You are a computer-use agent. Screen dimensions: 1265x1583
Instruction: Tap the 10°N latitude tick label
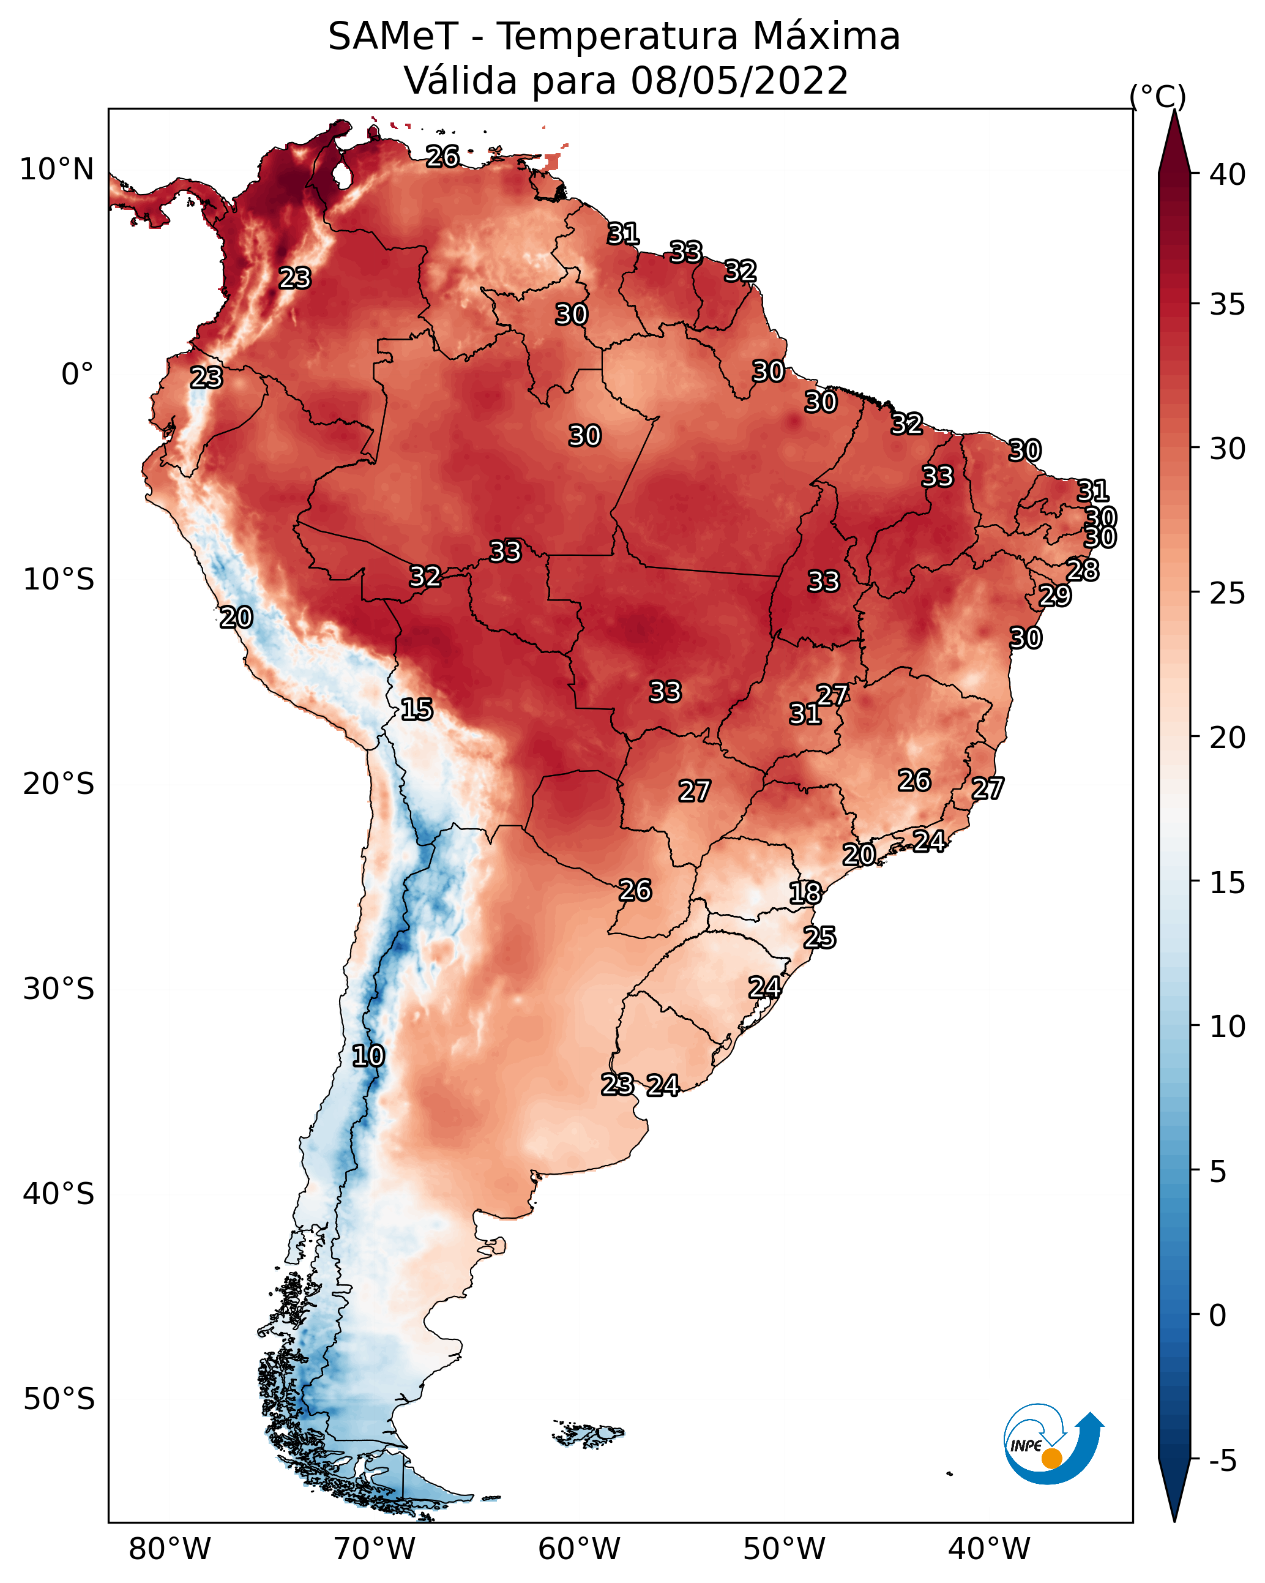coord(56,170)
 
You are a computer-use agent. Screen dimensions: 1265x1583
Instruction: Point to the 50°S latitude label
coord(59,1399)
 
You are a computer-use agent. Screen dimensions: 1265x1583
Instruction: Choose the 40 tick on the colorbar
coord(1228,174)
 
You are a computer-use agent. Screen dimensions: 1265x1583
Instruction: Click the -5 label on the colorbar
coord(1222,1461)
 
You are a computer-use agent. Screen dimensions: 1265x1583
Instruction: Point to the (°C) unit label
coord(1158,96)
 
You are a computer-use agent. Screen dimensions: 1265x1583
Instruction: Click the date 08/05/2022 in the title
coord(739,80)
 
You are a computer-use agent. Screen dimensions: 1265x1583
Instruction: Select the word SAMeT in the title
coord(393,37)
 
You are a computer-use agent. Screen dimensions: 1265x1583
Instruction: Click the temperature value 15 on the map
coord(416,709)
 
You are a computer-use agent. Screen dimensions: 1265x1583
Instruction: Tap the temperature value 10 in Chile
coord(368,1056)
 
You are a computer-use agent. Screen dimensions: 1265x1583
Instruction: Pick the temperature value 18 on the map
coord(805,893)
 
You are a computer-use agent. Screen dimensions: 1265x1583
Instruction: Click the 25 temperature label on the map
coord(819,938)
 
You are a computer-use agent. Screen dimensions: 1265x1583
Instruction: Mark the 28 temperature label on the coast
coord(1083,570)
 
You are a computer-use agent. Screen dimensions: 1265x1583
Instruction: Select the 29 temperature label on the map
coord(1055,595)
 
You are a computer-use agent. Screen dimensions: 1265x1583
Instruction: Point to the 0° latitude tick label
coord(78,375)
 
